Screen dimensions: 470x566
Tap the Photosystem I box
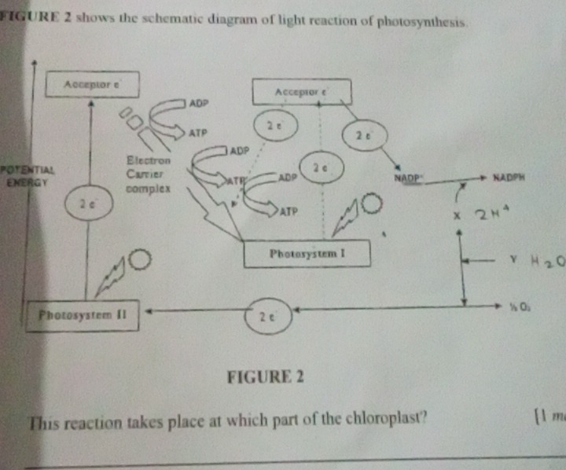307,254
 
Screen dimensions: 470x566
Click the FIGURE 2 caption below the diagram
264,376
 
